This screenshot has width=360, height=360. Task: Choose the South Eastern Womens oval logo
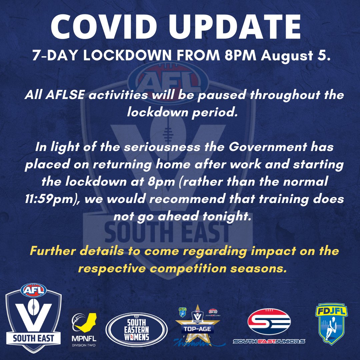pyautogui.click(x=136, y=329)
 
